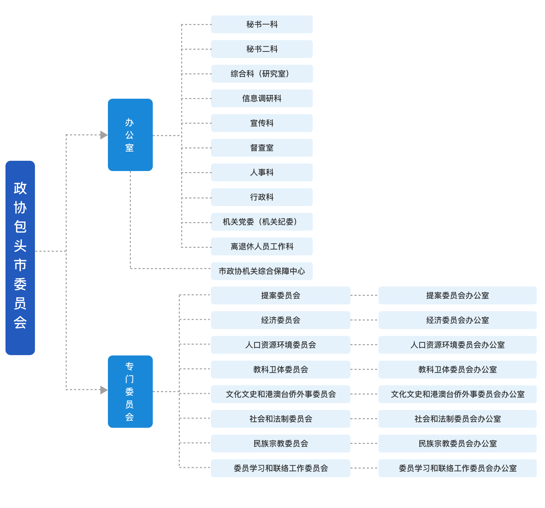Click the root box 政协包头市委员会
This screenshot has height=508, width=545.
tap(20, 258)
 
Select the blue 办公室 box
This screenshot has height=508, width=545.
tap(130, 135)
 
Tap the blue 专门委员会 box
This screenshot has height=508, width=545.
tap(130, 391)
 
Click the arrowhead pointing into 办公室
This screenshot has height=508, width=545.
tap(103, 135)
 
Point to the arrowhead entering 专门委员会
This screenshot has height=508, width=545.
tap(103, 390)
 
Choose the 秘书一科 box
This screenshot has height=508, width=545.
tap(262, 24)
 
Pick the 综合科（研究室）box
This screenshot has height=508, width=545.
tap(262, 74)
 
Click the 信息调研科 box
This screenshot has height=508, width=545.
tap(262, 98)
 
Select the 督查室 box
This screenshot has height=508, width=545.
tap(262, 148)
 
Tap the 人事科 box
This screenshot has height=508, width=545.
tap(262, 172)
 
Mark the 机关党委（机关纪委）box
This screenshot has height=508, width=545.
tap(262, 222)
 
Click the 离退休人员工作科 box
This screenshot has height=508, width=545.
tap(262, 246)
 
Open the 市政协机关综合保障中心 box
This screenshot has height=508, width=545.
tap(262, 271)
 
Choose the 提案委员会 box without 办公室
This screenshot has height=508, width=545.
tap(281, 295)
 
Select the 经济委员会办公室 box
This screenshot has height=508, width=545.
tap(457, 320)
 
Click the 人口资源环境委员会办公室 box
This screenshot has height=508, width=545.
tap(457, 345)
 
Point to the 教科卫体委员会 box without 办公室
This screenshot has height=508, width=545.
tap(281, 370)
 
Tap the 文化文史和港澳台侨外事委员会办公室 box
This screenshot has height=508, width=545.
tap(457, 394)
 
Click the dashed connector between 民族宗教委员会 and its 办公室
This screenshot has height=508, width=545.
tap(364, 444)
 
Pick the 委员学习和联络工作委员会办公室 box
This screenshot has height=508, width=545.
tap(457, 468)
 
